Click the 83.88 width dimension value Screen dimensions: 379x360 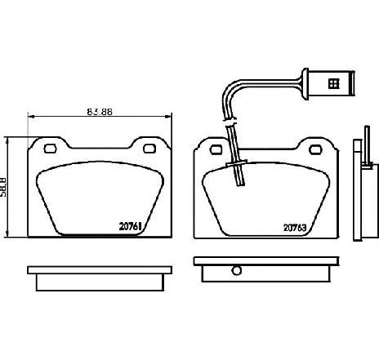(100, 112)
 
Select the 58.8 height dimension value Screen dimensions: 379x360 (2, 187)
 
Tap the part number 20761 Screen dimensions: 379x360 (131, 226)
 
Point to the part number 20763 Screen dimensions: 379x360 (295, 228)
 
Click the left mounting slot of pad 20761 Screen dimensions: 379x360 (50, 149)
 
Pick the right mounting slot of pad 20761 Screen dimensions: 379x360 (149, 149)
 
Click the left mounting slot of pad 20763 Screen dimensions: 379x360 (216, 149)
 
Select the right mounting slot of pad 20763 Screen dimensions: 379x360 (315, 149)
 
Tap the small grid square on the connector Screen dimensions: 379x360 (333, 83)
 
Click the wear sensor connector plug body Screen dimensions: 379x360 (331, 84)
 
